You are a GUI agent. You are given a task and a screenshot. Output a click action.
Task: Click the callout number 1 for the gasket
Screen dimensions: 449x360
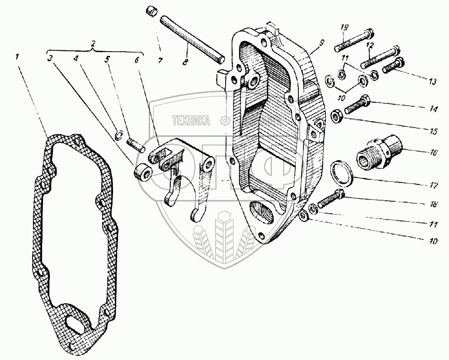[17, 57]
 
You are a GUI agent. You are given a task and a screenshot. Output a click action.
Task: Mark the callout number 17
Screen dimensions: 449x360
[433, 186]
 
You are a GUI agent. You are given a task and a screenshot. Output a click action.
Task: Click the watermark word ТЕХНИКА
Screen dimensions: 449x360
[191, 121]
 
